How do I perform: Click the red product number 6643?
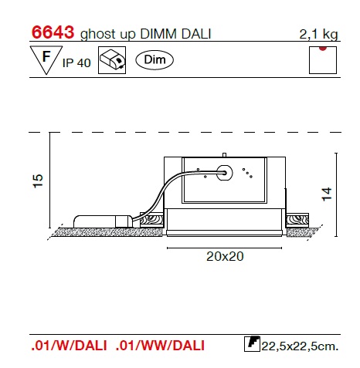[53, 32]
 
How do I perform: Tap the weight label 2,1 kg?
[318, 34]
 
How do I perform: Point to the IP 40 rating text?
[76, 63]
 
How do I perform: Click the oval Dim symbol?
[155, 60]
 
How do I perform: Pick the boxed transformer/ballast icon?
[112, 60]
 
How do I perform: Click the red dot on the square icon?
[323, 48]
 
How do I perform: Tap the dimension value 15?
[38, 181]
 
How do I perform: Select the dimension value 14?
[327, 194]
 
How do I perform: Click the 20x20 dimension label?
[225, 256]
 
